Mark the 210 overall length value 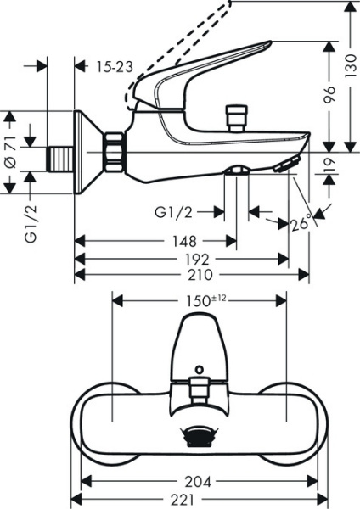(193, 274)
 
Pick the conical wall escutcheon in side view (88, 154)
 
